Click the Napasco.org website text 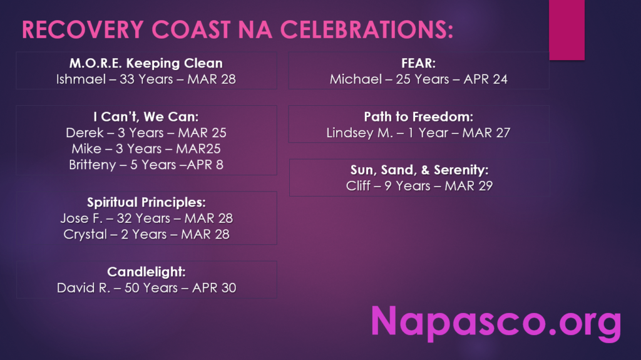coord(496,323)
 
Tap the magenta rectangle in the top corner coord(567,30)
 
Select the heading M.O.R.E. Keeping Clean coord(146,63)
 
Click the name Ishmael coord(81,79)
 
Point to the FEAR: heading coord(418,63)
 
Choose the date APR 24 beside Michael coord(485,79)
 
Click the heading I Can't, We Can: coord(146,117)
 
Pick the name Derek coord(85,133)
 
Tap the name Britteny coord(93,165)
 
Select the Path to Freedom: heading coord(419,117)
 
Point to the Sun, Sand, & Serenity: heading coord(419,170)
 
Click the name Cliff coord(357,186)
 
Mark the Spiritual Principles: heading coord(146,202)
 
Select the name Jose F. coord(81,219)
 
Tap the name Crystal coord(85,234)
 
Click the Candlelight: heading coord(146,272)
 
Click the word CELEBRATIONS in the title coord(366,30)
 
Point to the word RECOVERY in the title coord(83,30)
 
